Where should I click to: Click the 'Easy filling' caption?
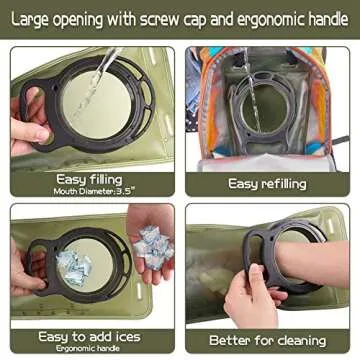click(90, 179)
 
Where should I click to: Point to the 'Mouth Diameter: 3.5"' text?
click(90, 191)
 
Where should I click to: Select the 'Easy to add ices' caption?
click(91, 336)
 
